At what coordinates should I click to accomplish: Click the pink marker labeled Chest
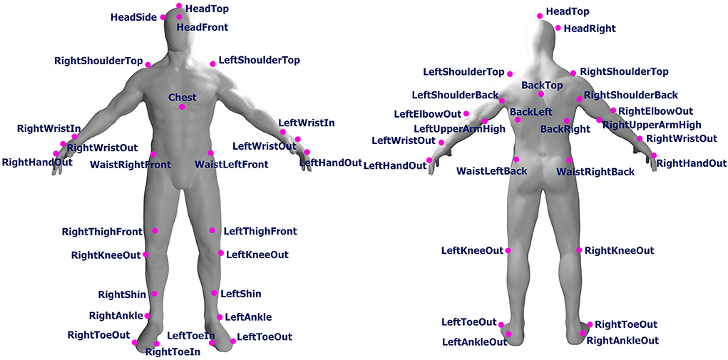[182, 107]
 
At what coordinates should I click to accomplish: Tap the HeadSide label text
[134, 17]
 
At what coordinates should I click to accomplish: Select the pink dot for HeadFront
[180, 17]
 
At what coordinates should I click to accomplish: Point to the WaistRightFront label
[130, 165]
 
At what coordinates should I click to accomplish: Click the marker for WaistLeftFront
[211, 153]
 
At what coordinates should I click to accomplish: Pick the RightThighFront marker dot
[155, 231]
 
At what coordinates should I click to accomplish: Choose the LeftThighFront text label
[260, 232]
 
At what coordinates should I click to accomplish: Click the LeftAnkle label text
[248, 317]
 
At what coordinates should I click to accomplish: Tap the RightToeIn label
[173, 351]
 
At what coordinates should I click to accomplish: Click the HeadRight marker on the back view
[558, 28]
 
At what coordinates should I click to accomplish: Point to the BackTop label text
[542, 86]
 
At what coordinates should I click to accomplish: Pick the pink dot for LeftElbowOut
[466, 113]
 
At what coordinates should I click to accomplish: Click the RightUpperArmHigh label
[652, 125]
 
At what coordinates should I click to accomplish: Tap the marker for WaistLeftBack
[516, 159]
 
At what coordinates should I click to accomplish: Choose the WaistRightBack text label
[595, 172]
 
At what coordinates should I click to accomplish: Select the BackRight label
[565, 129]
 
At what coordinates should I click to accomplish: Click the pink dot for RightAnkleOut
[583, 333]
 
